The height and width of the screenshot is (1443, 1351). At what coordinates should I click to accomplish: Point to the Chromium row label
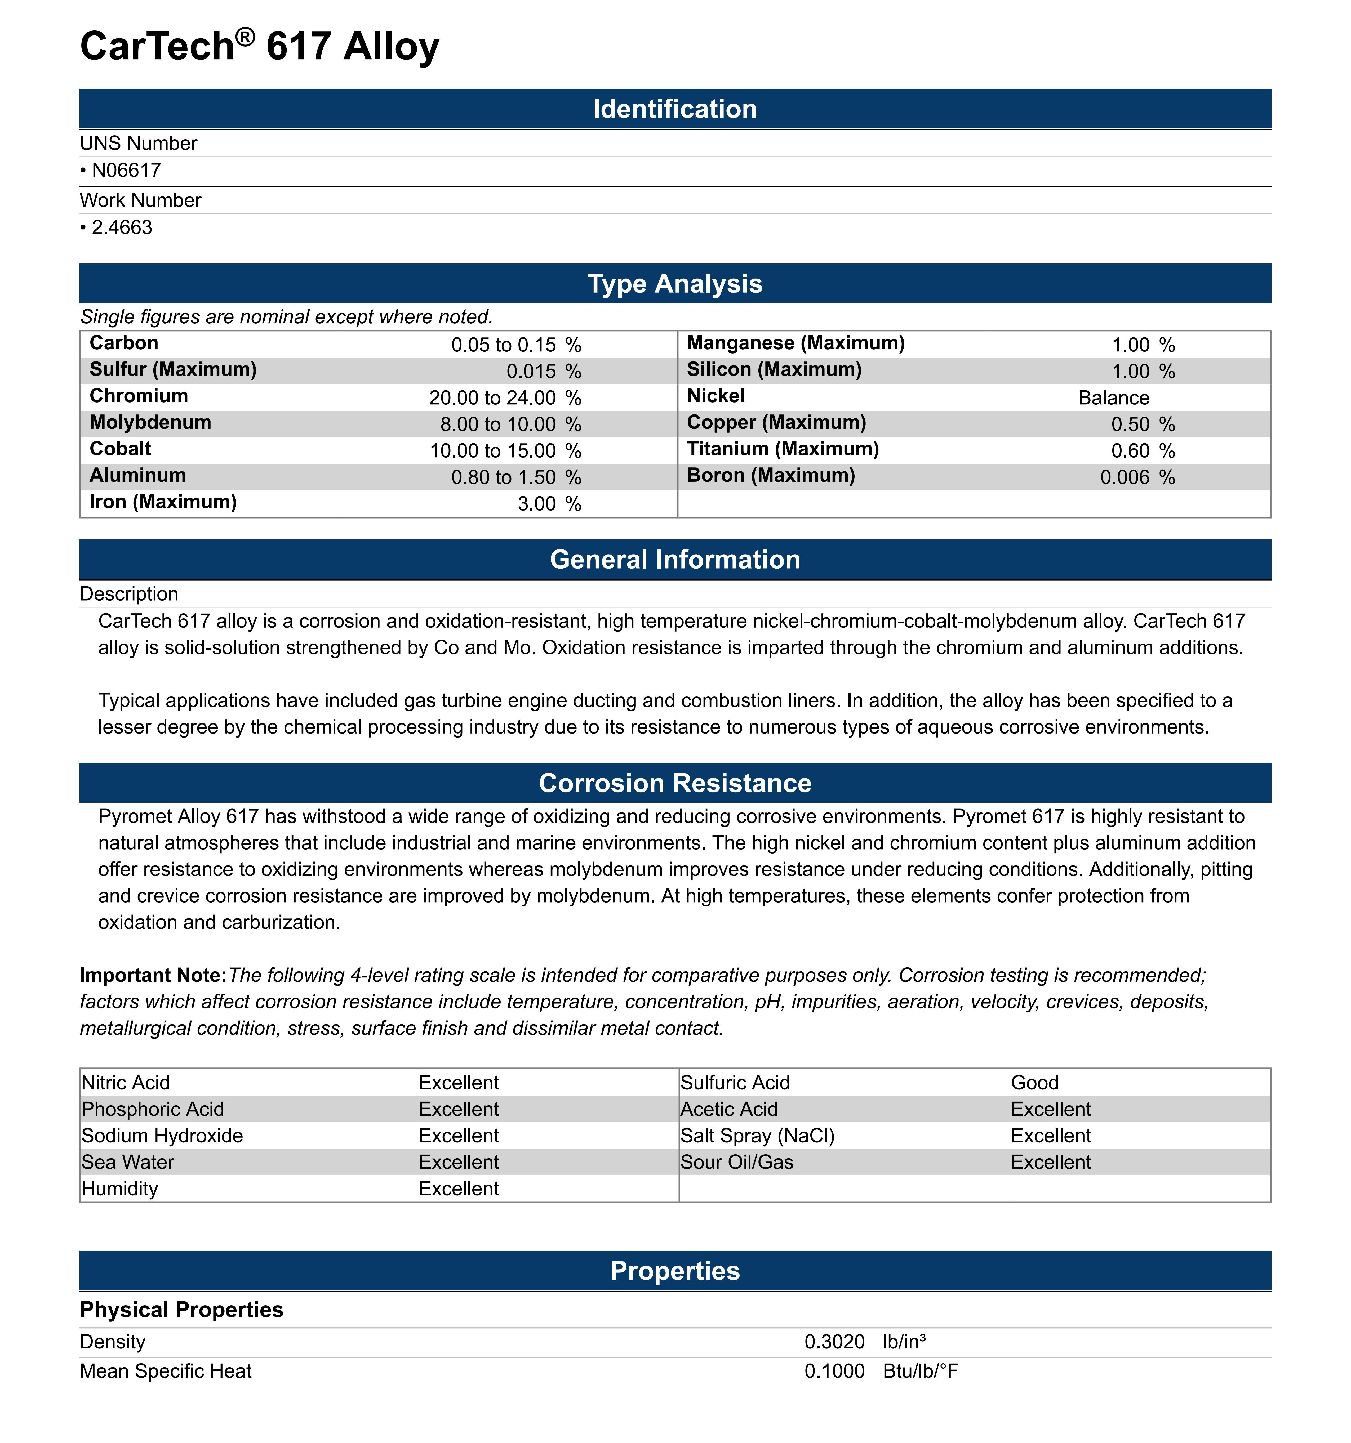tap(139, 396)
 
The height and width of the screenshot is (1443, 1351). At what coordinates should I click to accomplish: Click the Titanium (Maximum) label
tap(783, 449)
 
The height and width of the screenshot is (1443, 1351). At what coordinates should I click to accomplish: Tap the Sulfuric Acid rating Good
tap(1034, 1083)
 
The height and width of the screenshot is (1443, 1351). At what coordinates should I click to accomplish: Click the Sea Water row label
tap(128, 1162)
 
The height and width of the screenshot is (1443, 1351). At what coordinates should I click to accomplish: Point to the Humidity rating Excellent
tap(459, 1189)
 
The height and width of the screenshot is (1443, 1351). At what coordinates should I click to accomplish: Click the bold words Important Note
tap(153, 976)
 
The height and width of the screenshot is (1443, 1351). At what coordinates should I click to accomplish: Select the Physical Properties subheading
tap(181, 1310)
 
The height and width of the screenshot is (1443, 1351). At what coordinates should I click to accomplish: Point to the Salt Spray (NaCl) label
tap(757, 1136)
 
